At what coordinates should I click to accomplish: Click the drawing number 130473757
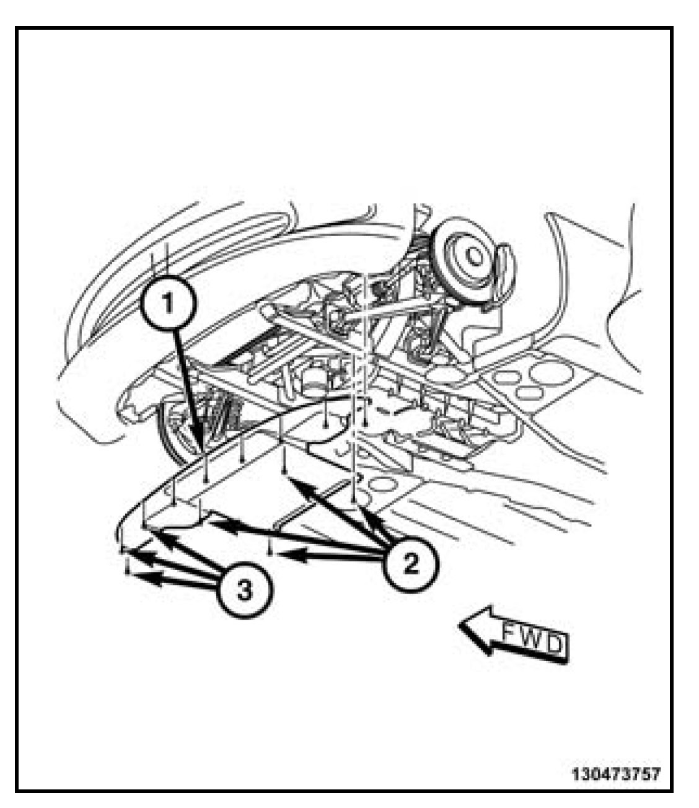point(616,775)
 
